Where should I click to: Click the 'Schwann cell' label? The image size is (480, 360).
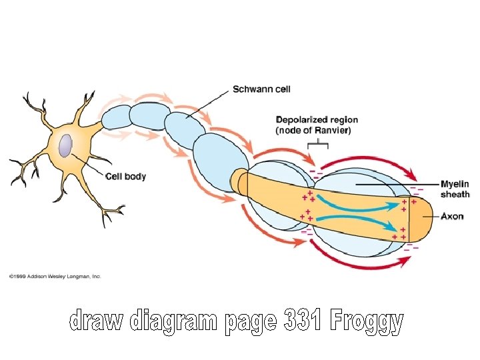click(261, 89)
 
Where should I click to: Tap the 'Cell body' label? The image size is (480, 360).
click(126, 177)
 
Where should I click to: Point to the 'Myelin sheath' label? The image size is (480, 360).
click(455, 189)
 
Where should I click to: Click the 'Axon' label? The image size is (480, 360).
click(452, 217)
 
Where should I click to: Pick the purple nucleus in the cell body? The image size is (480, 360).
click(65, 146)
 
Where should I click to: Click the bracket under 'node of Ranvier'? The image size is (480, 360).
click(318, 143)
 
